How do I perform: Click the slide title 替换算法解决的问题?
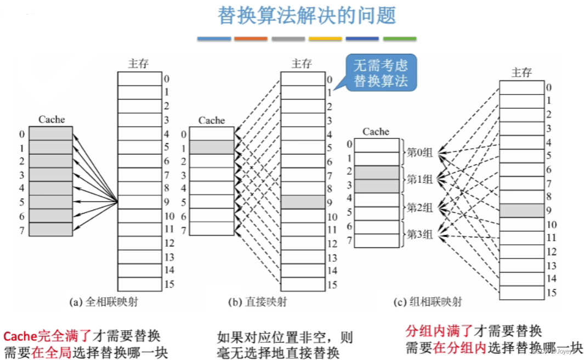tap(307, 15)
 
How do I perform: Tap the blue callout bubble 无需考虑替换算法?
tap(381, 74)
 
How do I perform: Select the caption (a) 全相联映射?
tap(107, 302)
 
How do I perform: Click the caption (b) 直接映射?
tap(257, 302)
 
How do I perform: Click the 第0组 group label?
tap(419, 153)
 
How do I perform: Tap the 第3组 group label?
tap(419, 235)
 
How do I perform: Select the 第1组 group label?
tap(419, 179)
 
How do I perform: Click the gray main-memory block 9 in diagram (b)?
tap(303, 201)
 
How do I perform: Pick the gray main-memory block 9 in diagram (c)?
tap(521, 211)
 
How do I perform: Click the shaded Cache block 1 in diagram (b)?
tap(212, 147)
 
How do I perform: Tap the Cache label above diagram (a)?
tap(52, 119)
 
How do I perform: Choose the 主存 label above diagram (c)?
tap(521, 72)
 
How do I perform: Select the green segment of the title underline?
tap(399, 39)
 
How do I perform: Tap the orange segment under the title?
tap(251, 39)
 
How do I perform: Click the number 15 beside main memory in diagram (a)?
tap(169, 284)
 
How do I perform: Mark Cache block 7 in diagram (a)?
tap(50, 229)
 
